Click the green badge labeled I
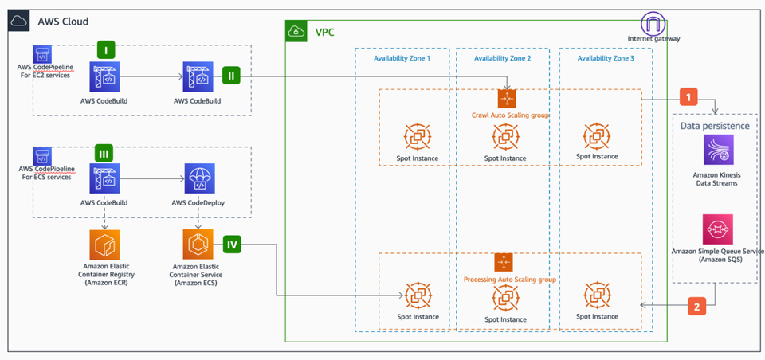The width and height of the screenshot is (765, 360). pos(106,49)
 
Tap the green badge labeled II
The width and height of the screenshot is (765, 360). pos(231,77)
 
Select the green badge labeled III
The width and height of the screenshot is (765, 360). pos(104,152)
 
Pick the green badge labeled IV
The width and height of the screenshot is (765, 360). pos(232,244)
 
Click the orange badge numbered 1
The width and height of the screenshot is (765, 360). pos(688,96)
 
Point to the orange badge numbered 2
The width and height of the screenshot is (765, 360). pos(696,306)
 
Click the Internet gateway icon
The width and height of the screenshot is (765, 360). pos(653,22)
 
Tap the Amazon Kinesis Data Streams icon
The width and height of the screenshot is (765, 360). pos(718,150)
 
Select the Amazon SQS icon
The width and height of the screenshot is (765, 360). pos(718,229)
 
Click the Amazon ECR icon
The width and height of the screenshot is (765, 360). pos(105,245)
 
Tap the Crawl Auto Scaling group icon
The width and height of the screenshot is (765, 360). pos(508,99)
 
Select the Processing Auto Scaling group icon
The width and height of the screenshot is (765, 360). pos(503,262)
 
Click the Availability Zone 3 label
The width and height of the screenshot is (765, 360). pos(606,58)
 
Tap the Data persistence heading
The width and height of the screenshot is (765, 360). pos(713,125)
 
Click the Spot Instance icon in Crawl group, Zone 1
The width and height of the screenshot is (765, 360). pos(418,136)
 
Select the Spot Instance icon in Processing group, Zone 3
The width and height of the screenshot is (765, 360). pos(597,295)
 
